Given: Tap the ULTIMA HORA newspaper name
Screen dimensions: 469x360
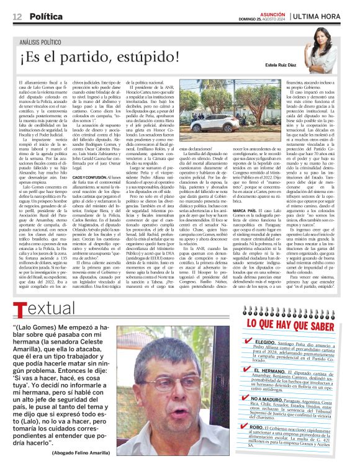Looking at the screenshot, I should tap(323, 14).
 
